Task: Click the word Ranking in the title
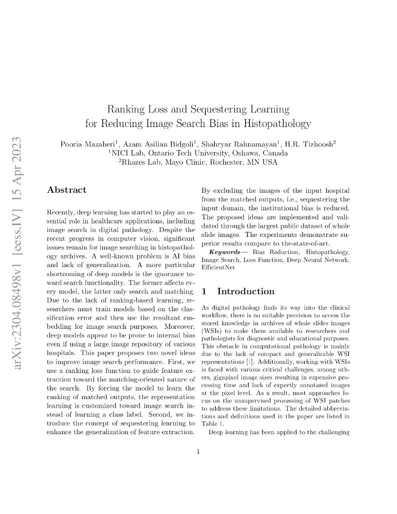[125, 109]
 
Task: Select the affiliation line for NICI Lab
[198, 153]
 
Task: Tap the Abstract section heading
[66, 190]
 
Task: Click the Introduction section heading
[246, 292]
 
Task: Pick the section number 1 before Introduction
[204, 292]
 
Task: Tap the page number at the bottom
[198, 451]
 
